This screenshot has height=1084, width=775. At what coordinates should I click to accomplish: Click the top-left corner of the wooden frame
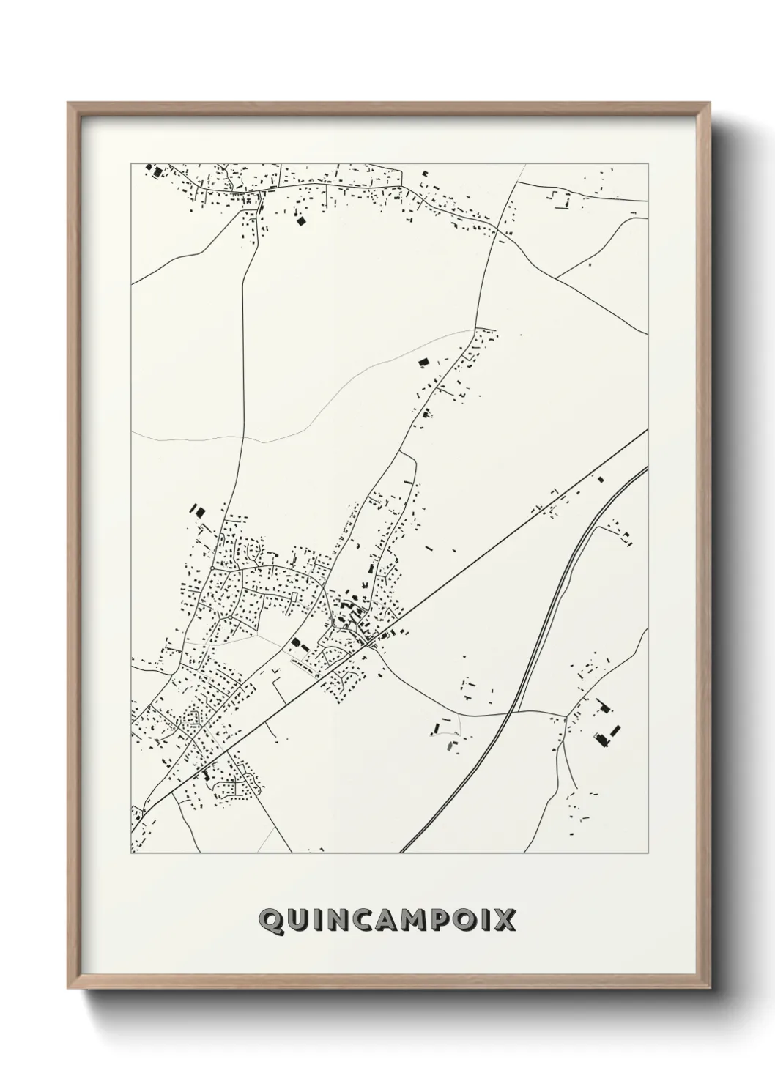(70, 104)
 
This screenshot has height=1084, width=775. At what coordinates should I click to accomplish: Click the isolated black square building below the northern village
(299, 219)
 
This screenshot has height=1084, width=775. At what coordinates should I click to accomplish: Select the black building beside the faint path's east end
(422, 361)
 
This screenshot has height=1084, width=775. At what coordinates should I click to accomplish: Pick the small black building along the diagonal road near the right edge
(601, 479)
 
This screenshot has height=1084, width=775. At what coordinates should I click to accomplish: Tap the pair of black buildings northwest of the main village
(196, 509)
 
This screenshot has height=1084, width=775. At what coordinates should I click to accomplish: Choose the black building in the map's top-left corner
(155, 171)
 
